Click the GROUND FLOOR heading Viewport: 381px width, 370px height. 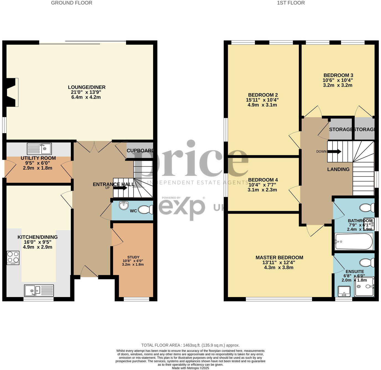pyautogui.click(x=71, y=3)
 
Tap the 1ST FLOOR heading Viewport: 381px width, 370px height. pyautogui.click(x=290, y=3)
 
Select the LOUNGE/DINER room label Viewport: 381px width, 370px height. pyautogui.click(x=86, y=87)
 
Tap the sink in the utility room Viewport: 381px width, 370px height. pyautogui.click(x=39, y=149)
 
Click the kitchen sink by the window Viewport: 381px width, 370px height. pyautogui.click(x=39, y=290)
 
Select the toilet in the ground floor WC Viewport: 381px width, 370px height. pyautogui.click(x=145, y=210)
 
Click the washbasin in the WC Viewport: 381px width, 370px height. pyautogui.click(x=124, y=206)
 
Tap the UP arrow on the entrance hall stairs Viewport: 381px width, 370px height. pyautogui.click(x=120, y=188)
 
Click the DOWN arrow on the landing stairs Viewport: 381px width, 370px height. pyautogui.click(x=335, y=151)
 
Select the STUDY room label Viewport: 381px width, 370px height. pyautogui.click(x=133, y=257)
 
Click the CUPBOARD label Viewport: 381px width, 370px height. pyautogui.click(x=140, y=151)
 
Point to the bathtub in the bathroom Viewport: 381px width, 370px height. pyautogui.click(x=354, y=241)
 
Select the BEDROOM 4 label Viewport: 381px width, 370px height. pyautogui.click(x=263, y=180)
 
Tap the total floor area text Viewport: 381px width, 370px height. pyautogui.click(x=190, y=345)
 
